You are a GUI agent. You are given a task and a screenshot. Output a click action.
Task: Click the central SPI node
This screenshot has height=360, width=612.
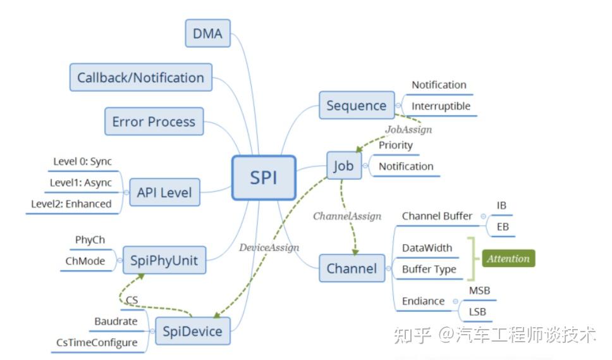pos(264,178)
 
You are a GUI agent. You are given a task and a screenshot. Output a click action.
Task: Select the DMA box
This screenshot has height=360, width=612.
pos(207,34)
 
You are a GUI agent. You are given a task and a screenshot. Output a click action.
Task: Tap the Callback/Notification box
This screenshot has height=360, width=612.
pos(140,78)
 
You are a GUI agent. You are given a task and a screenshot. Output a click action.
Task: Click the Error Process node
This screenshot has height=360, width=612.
pos(154,121)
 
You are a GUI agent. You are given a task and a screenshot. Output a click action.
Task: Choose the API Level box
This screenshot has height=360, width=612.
pos(164,192)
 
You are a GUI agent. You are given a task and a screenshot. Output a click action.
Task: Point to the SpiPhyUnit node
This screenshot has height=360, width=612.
pos(164,260)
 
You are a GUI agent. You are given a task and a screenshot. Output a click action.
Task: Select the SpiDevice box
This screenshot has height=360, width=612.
pos(193,331)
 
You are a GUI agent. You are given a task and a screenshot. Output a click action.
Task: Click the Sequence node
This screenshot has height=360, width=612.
pos(356,106)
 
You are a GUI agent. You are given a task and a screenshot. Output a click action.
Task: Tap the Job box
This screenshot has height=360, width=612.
pos(343,166)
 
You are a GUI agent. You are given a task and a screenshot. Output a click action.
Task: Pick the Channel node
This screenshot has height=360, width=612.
pos(352,268)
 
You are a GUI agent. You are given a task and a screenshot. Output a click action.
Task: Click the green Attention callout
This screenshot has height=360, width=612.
pos(508,259)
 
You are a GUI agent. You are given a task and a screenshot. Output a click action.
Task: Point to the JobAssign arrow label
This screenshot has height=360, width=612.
pos(408,129)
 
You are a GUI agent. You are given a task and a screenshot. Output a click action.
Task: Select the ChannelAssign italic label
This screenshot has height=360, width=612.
pos(347,216)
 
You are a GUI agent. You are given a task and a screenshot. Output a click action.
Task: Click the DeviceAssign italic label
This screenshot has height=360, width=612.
pos(269,247)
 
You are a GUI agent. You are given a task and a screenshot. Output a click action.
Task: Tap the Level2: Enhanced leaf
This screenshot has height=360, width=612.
pos(71,204)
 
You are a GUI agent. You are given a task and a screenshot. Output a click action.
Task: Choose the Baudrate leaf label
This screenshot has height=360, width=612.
pos(116,321)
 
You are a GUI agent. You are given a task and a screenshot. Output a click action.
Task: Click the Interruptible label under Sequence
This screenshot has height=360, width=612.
pos(441,106)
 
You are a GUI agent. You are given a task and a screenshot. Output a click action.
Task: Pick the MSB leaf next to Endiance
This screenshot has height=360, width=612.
pos(479,290)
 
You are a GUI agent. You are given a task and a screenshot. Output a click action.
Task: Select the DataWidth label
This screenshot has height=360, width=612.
pos(427,247)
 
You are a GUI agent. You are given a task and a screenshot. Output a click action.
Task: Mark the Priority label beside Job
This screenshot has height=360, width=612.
pos(395,145)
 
